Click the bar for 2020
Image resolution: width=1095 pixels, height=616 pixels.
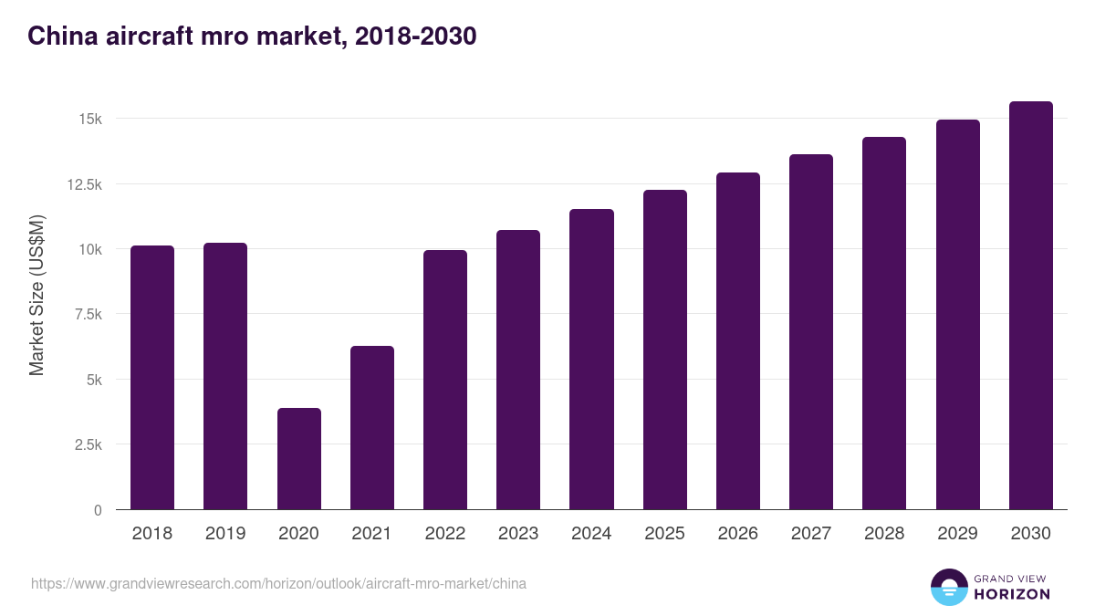coord(298,459)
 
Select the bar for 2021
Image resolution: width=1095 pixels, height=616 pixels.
coord(371,428)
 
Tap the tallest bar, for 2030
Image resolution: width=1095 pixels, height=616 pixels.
coord(1030,306)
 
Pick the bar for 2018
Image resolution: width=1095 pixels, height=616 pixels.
coord(152,378)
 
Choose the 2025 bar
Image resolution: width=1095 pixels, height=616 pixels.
coord(664,350)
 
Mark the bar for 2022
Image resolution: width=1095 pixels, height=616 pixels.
coord(445,380)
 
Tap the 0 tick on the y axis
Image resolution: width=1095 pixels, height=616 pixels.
coord(97,510)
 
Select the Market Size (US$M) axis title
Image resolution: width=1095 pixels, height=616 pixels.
coord(36,294)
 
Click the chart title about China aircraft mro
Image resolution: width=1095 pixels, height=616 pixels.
coord(252,37)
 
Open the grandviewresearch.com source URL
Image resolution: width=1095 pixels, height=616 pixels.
coord(278,583)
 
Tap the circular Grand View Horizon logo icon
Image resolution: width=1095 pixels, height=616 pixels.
coord(948,587)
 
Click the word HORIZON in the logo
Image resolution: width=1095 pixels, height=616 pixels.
coord(1012,594)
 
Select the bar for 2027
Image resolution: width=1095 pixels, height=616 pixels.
coord(811,332)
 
